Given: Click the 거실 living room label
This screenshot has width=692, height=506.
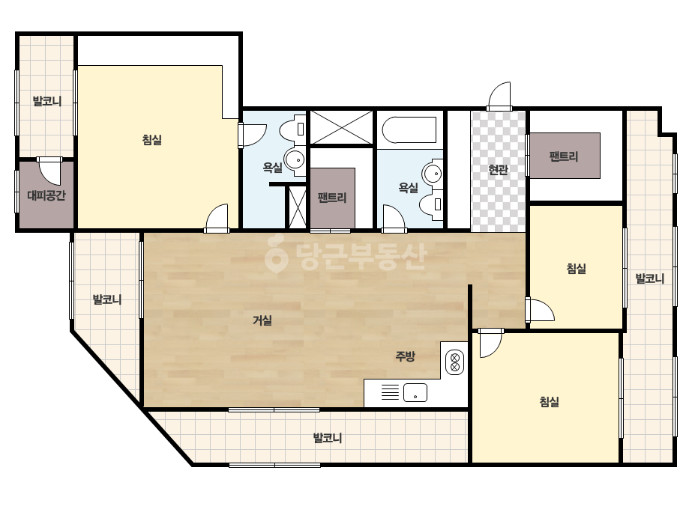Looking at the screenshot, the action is tap(262, 320).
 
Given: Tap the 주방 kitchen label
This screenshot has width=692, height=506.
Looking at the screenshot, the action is tap(405, 356).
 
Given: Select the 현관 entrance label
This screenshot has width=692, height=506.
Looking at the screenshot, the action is tap(499, 170).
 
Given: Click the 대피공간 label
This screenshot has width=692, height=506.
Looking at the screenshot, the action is tap(46, 195).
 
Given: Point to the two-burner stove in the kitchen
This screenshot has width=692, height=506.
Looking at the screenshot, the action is tap(454, 362).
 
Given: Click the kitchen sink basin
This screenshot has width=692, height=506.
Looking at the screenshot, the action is tap(415, 392).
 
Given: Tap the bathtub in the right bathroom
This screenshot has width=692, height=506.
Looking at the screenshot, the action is tap(409, 130).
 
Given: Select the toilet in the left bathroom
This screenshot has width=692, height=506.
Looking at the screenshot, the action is tap(292, 129).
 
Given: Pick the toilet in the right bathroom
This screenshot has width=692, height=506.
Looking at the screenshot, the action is tap(432, 204).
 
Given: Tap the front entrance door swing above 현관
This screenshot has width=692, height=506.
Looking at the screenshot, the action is tap(500, 96).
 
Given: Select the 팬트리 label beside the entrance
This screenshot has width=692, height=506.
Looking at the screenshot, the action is tap(564, 156).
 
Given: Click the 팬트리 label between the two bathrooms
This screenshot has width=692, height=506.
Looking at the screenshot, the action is tap(332, 198).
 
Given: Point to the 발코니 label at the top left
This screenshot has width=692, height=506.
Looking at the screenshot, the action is tap(46, 101).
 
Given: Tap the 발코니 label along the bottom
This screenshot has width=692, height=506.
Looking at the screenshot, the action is tap(328, 438).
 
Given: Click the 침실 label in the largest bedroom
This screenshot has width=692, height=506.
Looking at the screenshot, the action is tap(151, 140).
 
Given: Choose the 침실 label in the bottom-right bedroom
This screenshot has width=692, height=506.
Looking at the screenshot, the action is tap(549, 401).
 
